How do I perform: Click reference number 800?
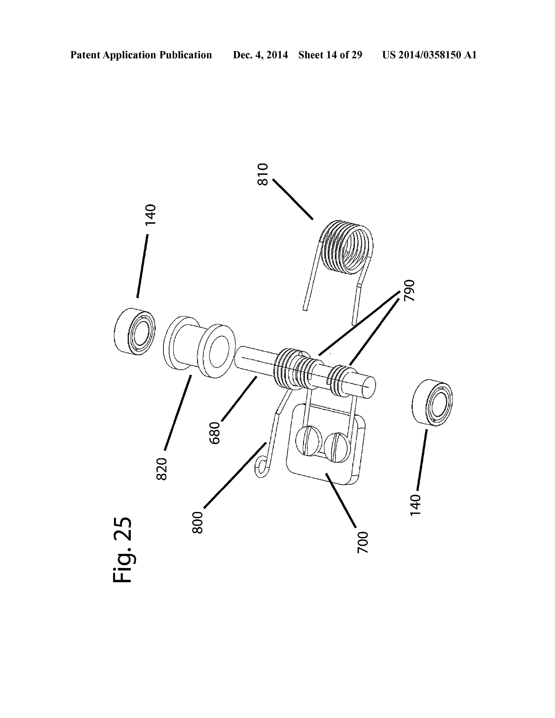198,523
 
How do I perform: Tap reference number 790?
410,291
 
